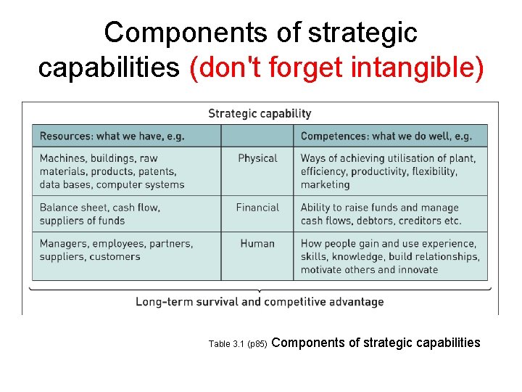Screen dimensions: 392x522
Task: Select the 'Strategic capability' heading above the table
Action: [x=260, y=113]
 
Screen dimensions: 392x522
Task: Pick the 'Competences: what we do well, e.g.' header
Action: [x=386, y=136]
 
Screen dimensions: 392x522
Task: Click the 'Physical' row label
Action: [x=257, y=158]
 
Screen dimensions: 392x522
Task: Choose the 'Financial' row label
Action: [x=257, y=208]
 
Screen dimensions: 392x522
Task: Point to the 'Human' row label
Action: [x=257, y=244]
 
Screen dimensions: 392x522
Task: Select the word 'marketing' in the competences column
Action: [x=325, y=184]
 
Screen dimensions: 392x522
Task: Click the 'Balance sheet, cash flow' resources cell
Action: [x=100, y=214]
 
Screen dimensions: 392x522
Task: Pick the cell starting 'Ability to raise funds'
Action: [x=381, y=214]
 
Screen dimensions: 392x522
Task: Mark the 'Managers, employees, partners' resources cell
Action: [x=116, y=250]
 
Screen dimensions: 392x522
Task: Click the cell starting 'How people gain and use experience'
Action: [x=389, y=256]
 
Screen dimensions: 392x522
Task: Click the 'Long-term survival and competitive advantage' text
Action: [x=260, y=301]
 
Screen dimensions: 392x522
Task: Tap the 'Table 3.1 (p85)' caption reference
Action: [x=238, y=343]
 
